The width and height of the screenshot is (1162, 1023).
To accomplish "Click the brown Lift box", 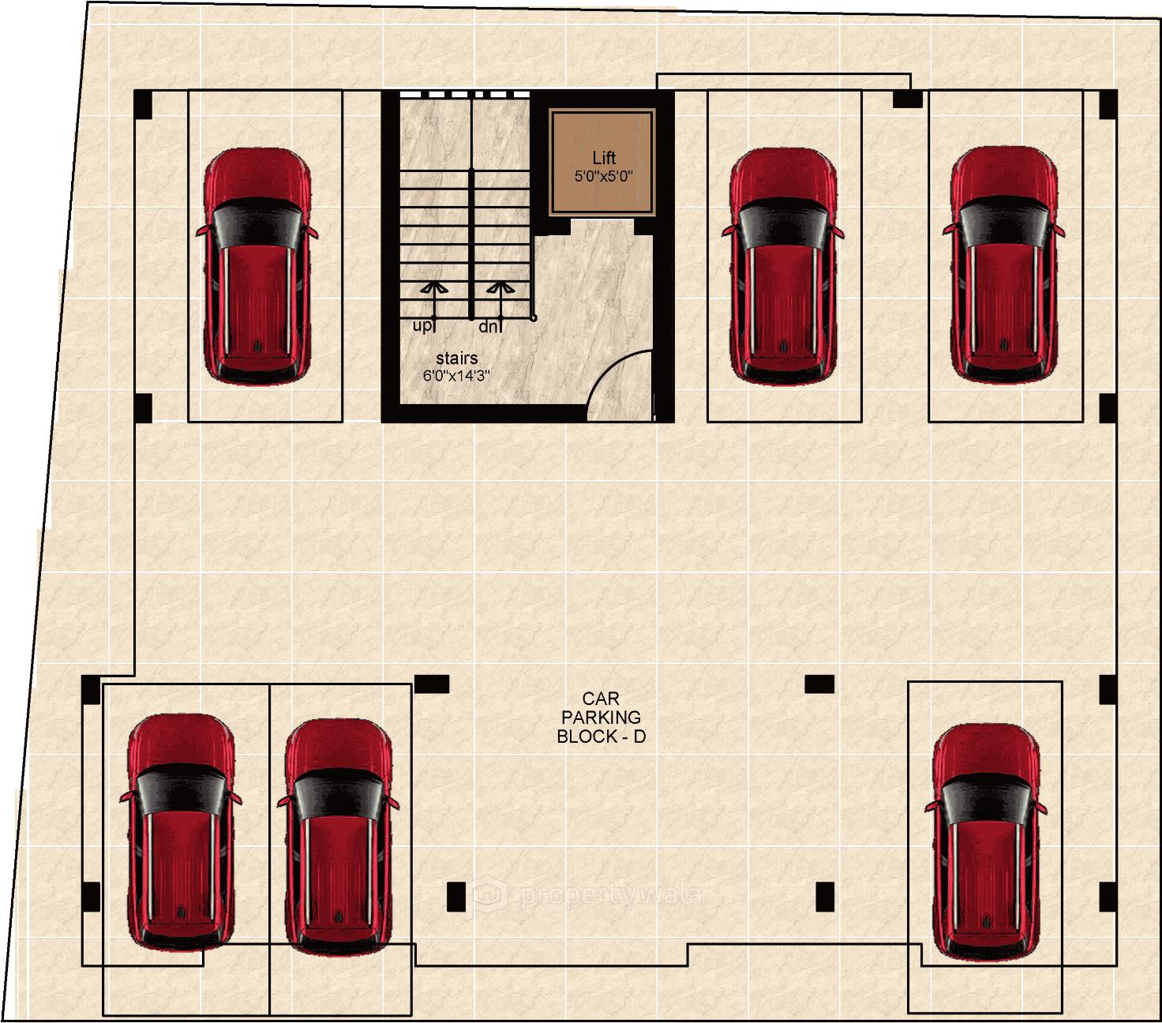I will coord(603,163).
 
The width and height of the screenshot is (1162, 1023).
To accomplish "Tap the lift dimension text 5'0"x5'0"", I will coord(603,175).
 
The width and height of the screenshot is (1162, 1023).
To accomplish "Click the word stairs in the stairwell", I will coord(456,359).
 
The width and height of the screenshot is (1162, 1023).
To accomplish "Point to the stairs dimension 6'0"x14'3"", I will coord(456,376).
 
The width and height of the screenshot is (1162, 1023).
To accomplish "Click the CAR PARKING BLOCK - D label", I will coord(600,718).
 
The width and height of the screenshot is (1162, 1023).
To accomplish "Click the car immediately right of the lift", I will coord(782,266).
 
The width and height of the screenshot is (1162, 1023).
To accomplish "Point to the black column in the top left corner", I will coord(143,104).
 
